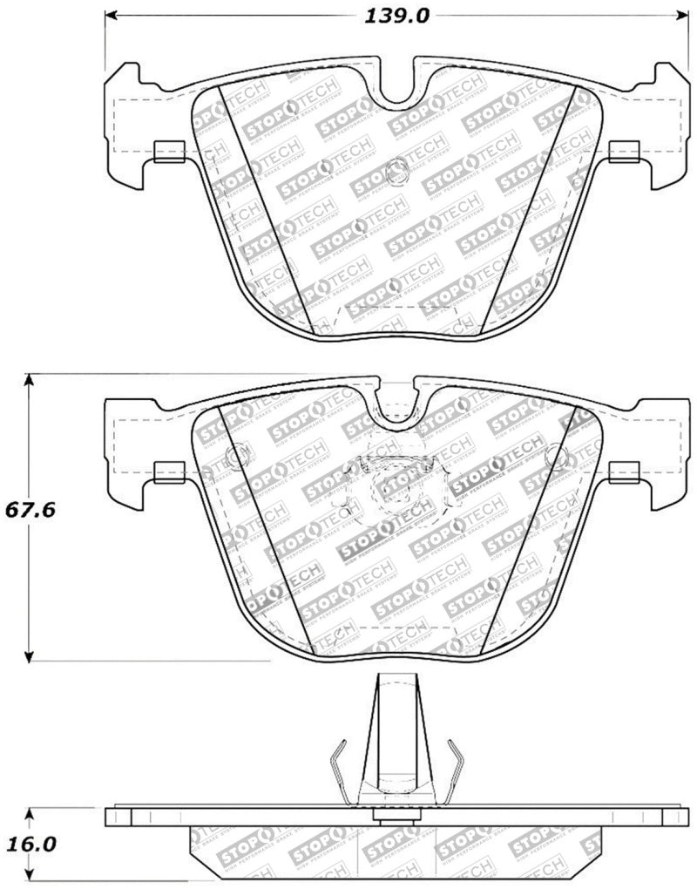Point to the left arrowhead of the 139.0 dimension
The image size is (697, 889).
[x=111, y=16]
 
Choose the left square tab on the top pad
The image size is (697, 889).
[x=167, y=152]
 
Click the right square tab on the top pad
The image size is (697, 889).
[x=624, y=152]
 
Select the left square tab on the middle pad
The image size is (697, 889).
[x=167, y=472]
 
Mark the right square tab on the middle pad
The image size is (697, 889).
[x=624, y=472]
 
